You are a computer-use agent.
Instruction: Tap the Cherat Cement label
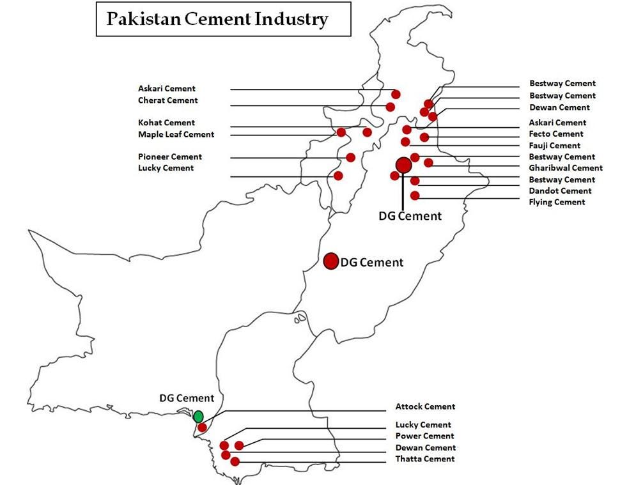(167, 100)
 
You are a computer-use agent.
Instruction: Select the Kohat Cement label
(166, 123)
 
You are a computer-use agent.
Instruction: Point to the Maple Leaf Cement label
(176, 134)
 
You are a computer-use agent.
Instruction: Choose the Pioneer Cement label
(169, 157)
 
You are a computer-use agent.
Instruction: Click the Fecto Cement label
(555, 134)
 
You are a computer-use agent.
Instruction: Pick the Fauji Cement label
(554, 146)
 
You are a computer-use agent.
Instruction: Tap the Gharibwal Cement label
(565, 168)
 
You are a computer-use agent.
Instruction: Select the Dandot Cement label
(560, 190)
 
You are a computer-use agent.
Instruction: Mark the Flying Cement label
(557, 202)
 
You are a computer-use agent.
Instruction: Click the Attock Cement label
(425, 406)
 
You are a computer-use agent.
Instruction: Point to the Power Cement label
(424, 436)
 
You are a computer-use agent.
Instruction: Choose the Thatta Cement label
(425, 459)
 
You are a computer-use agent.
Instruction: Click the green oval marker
(198, 417)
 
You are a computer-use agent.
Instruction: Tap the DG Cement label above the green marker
(187, 398)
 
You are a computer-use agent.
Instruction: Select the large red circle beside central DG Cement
(330, 261)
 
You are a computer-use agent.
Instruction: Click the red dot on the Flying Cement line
(415, 196)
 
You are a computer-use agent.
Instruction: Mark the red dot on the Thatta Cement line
(235, 461)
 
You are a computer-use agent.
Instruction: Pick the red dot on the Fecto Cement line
(424, 137)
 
